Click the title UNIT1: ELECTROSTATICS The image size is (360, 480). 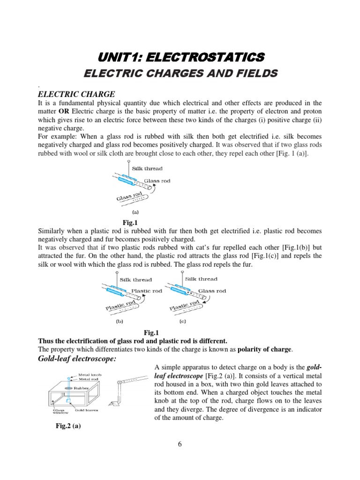tap(180, 57)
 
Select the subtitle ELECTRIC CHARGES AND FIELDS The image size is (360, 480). tap(180, 74)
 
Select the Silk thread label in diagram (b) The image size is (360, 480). tap(136, 280)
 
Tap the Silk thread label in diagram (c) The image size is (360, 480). tap(201, 279)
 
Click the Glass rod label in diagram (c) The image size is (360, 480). tap(212, 291)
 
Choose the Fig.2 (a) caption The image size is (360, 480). tap(68, 427)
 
